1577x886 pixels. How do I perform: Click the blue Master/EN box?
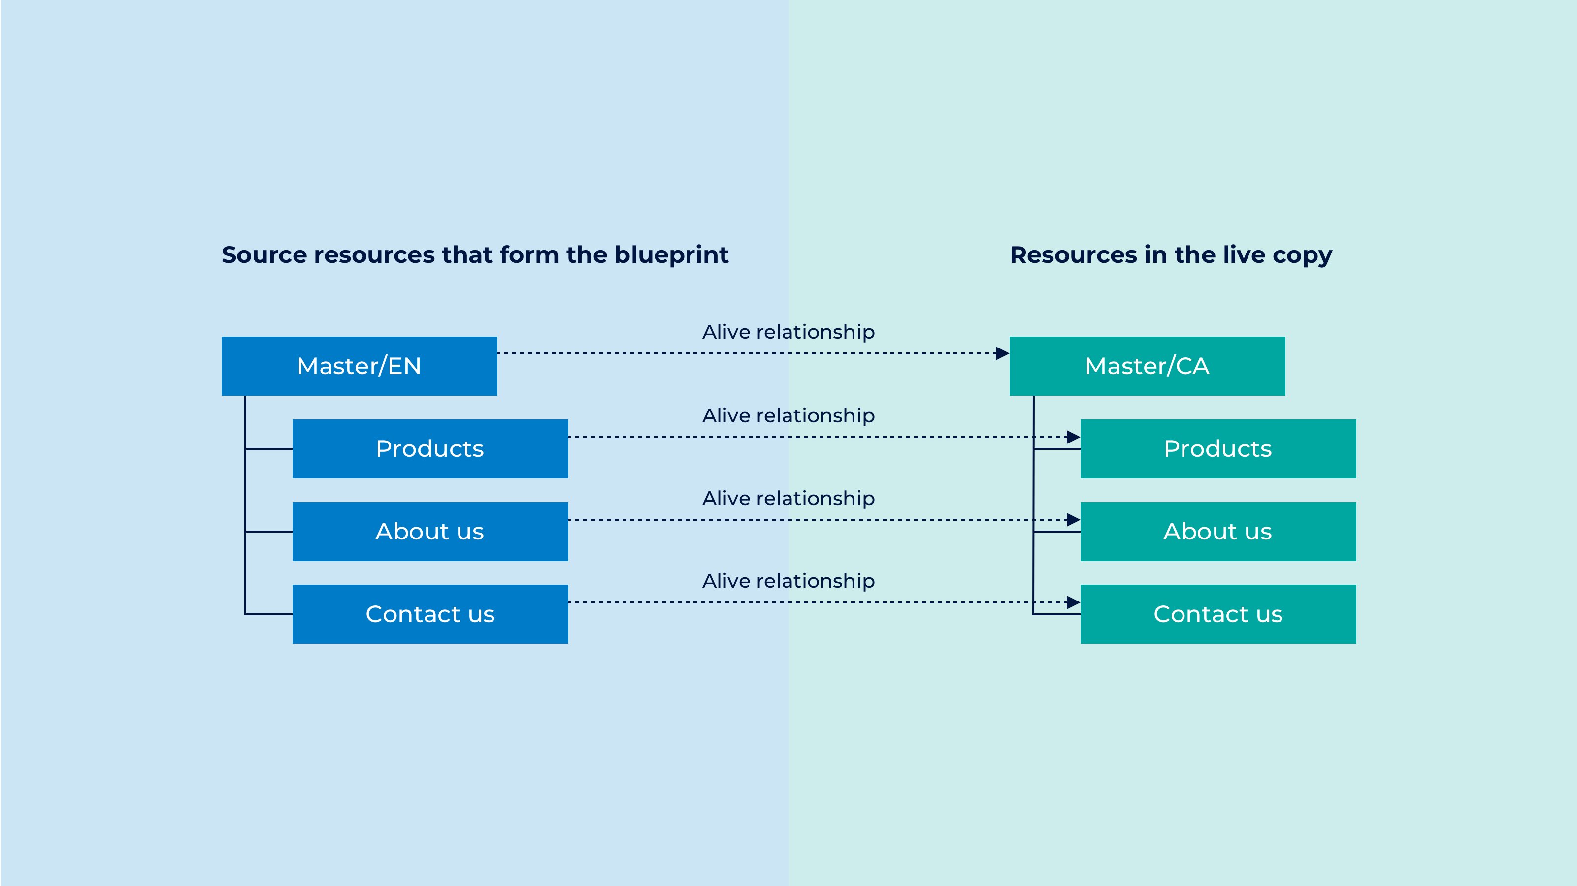pyautogui.click(x=360, y=366)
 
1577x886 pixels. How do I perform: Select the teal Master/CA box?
pyautogui.click(x=1147, y=366)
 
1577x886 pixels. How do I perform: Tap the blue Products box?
pyautogui.click(x=430, y=448)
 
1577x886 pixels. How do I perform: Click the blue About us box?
pyautogui.click(x=430, y=531)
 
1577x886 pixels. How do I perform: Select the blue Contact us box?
pyautogui.click(x=430, y=614)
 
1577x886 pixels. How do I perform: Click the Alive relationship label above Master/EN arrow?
pyautogui.click(x=788, y=332)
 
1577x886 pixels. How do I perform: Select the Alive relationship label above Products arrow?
pyautogui.click(x=788, y=415)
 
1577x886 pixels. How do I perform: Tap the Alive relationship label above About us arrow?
pyautogui.click(x=788, y=498)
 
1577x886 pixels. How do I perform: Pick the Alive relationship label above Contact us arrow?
pyautogui.click(x=788, y=581)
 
